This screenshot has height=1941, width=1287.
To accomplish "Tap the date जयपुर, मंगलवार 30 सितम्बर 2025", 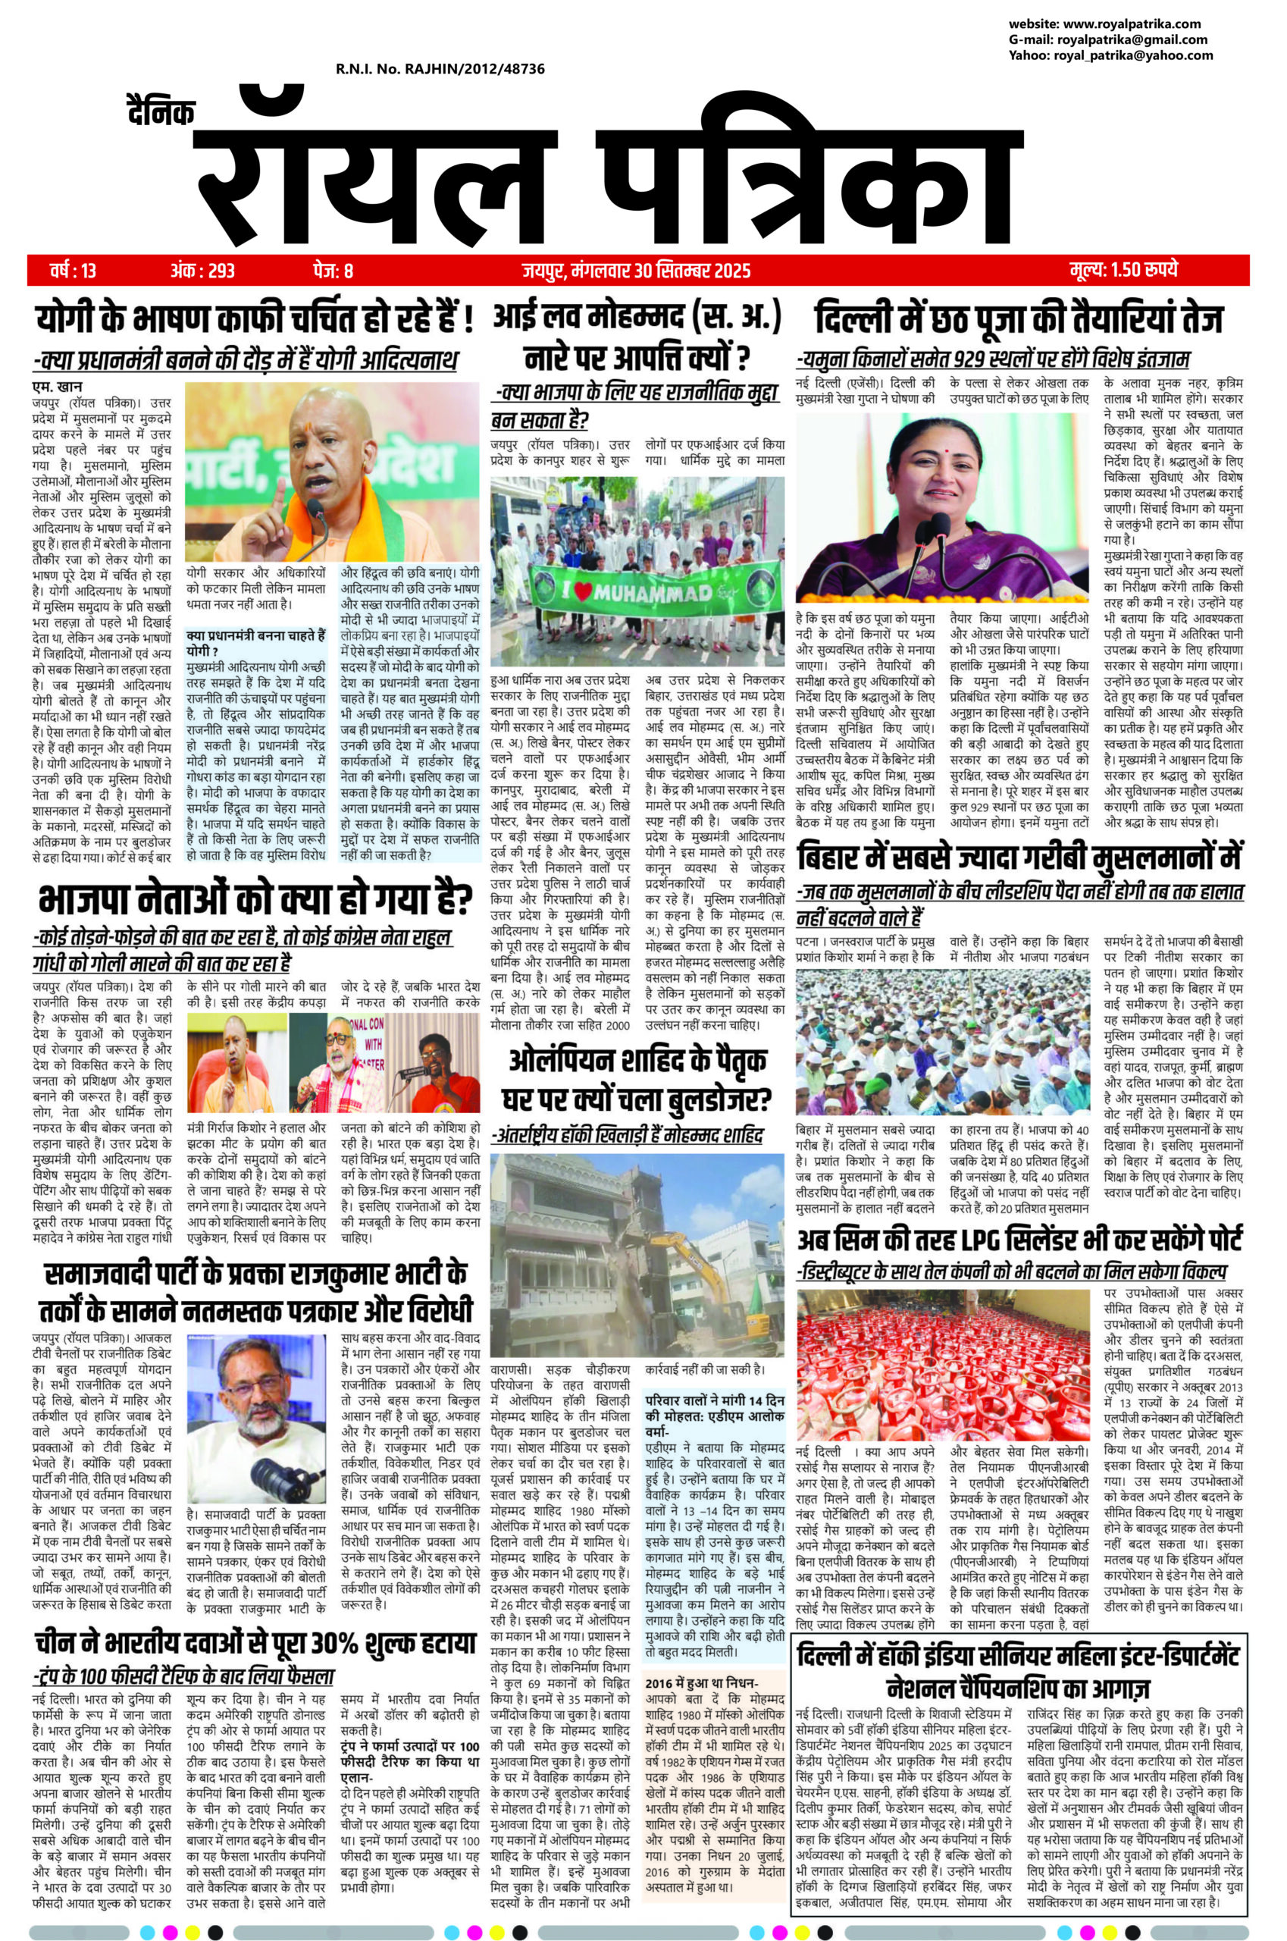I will [x=635, y=269].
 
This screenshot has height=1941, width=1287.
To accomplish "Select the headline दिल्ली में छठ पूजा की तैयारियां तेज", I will [x=1019, y=318].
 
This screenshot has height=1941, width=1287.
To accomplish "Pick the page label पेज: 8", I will [x=333, y=269].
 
